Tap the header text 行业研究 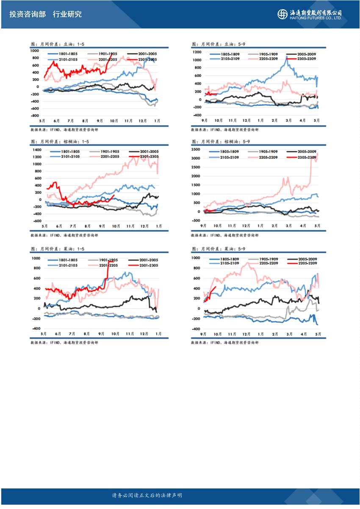coord(67,14)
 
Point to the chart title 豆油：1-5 coord(55,44)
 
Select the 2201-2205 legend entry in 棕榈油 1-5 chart coord(103,157)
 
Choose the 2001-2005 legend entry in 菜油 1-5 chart coord(143,260)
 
